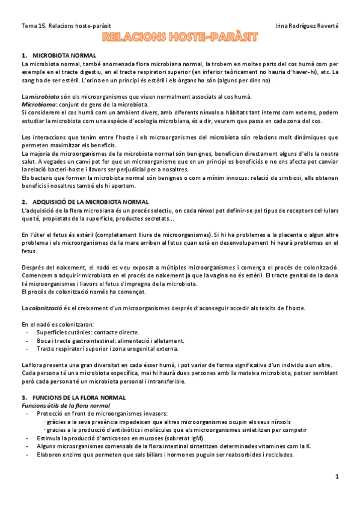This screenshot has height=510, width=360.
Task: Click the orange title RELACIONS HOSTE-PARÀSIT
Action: pos(180,37)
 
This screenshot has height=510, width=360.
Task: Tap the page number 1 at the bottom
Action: pos(337,477)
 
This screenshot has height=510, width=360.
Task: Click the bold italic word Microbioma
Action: pos(38,104)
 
